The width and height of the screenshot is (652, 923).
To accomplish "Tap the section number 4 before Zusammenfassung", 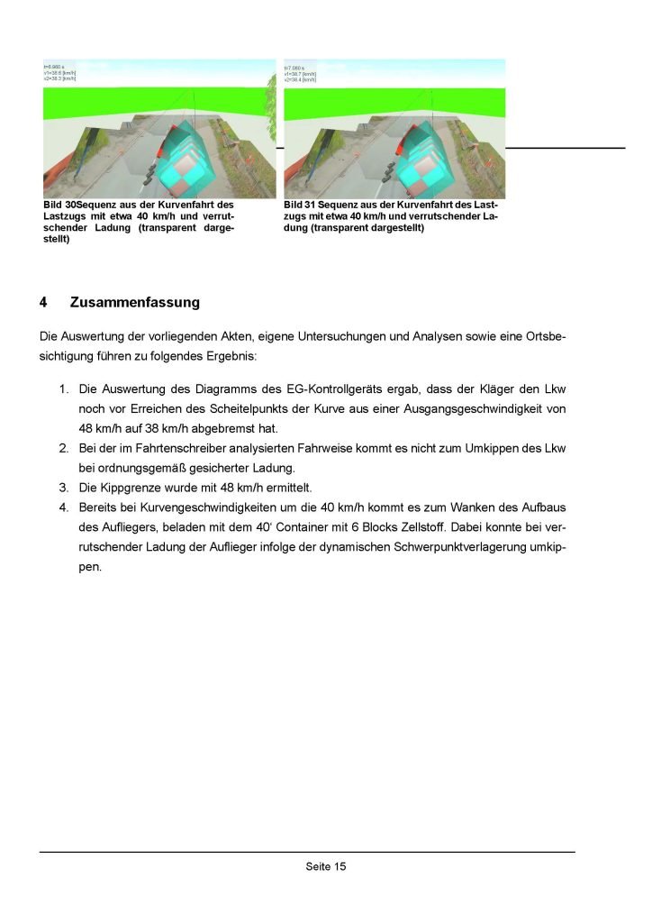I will coord(43,302).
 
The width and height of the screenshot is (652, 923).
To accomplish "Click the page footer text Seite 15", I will coord(325,867).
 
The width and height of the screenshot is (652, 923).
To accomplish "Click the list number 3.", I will coord(63,487).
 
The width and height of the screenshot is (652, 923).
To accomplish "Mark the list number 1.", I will coord(63,389).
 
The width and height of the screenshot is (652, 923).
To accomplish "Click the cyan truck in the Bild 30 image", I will coord(191,158).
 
